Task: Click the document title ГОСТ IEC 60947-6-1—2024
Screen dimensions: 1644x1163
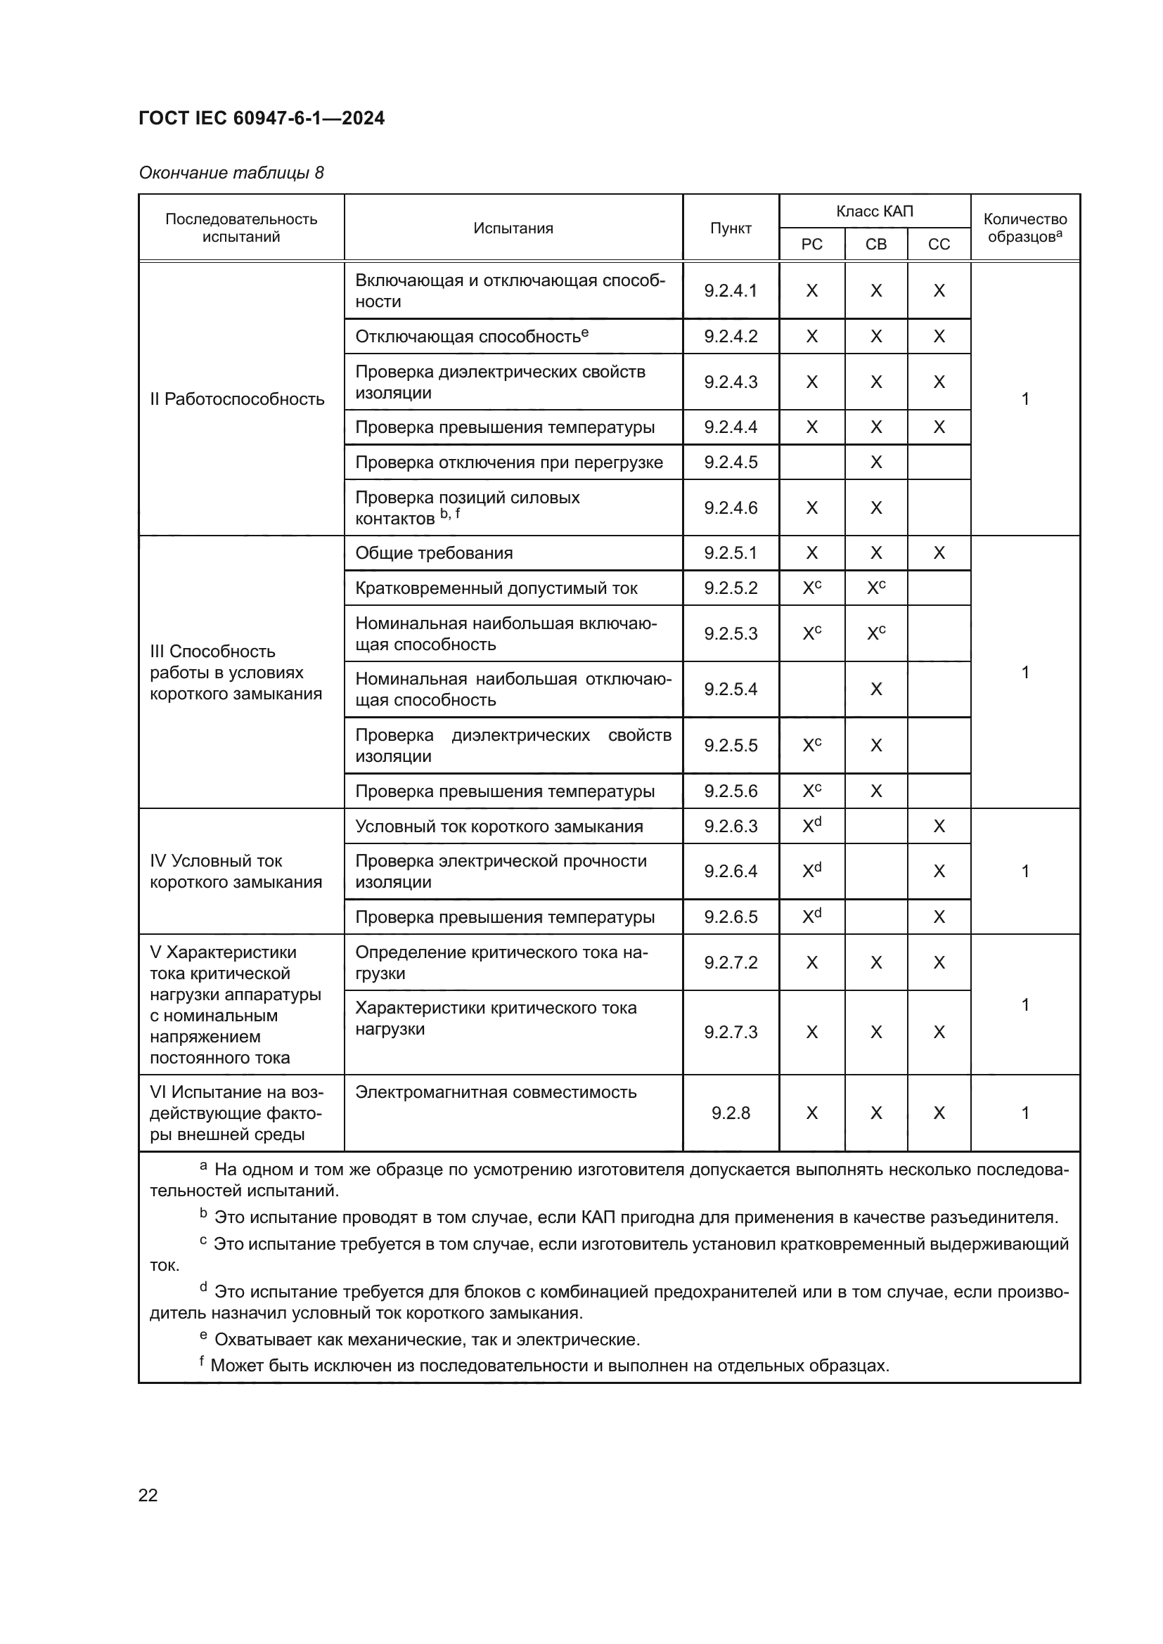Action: coord(262,118)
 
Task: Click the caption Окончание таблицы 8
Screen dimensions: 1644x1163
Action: coord(231,173)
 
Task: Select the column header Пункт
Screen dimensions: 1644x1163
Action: coord(731,228)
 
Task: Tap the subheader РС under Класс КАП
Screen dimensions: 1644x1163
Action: coord(811,244)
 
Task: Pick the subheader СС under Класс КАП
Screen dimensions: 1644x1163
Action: coord(939,244)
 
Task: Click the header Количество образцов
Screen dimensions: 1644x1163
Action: coord(1024,228)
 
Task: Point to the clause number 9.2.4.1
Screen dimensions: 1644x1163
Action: coord(731,291)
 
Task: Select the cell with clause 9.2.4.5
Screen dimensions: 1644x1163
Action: coord(731,462)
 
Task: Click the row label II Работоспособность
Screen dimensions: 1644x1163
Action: coord(237,399)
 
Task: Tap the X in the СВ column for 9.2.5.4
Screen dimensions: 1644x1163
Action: coord(876,689)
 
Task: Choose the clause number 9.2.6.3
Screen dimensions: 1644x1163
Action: coord(731,827)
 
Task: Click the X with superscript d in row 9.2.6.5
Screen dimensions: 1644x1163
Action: coord(811,917)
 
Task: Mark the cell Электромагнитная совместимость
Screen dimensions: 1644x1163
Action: coord(496,1092)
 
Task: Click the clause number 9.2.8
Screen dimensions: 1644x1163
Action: coord(731,1113)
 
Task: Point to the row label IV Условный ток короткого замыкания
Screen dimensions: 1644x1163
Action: coord(236,872)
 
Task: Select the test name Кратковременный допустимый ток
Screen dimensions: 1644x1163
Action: coord(496,588)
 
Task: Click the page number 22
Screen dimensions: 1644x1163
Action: coord(148,1495)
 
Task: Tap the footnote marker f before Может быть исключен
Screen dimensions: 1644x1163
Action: coord(202,1361)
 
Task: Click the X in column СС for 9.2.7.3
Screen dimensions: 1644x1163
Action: coord(939,1032)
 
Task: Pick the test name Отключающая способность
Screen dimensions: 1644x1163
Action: coord(467,337)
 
